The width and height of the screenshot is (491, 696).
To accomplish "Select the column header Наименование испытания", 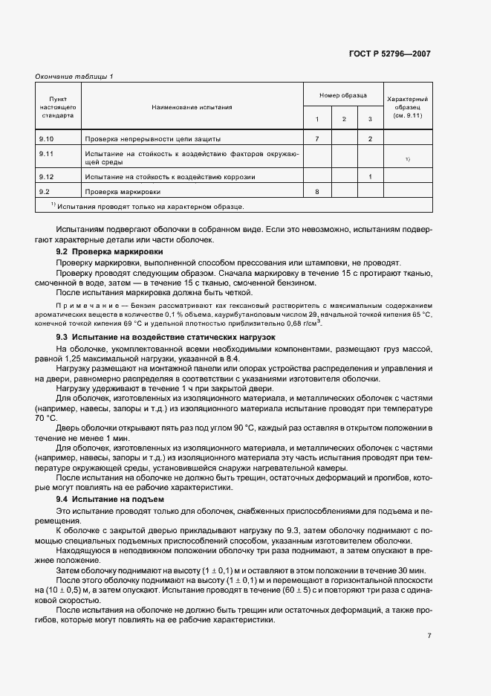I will [192, 107].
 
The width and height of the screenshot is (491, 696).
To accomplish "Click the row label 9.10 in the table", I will [46, 139].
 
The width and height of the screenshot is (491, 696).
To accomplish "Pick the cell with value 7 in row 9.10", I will [316, 139].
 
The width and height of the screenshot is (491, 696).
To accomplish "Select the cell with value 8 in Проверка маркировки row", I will [316, 192].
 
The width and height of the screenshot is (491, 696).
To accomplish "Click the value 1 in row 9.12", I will [370, 177].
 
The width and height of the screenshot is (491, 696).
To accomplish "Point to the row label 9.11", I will [46, 153].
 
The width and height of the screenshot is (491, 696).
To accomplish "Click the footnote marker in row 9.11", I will [407, 159].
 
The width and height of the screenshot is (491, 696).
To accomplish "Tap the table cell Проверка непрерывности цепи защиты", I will [152, 139].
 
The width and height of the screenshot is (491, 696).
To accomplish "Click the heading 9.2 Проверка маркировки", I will [103, 253].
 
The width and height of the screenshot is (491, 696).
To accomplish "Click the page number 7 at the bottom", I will [429, 636].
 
